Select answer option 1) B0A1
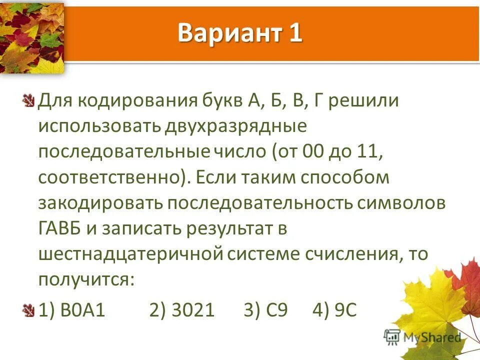click(x=72, y=310)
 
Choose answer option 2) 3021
click(x=182, y=310)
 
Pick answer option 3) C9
click(x=265, y=310)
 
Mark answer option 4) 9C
click(x=334, y=310)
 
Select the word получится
click(x=86, y=279)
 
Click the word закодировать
click(x=99, y=203)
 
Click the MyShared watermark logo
click(x=423, y=337)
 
